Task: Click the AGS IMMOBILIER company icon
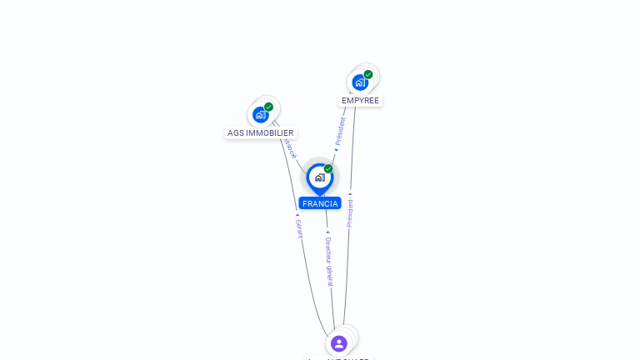261,115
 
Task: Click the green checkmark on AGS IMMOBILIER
268,107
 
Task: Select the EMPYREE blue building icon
359,82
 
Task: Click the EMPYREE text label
360,101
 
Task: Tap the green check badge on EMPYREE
367,74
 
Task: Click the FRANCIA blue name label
320,203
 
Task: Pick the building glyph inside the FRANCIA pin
319,177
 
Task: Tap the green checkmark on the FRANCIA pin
328,169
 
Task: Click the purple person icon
338,342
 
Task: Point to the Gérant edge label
298,228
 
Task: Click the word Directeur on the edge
328,251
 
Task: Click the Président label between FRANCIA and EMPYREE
340,132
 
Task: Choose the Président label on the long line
350,212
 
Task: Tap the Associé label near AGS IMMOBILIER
290,148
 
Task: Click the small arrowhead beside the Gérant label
297,215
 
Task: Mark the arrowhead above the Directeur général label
327,232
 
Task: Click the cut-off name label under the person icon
338,357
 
